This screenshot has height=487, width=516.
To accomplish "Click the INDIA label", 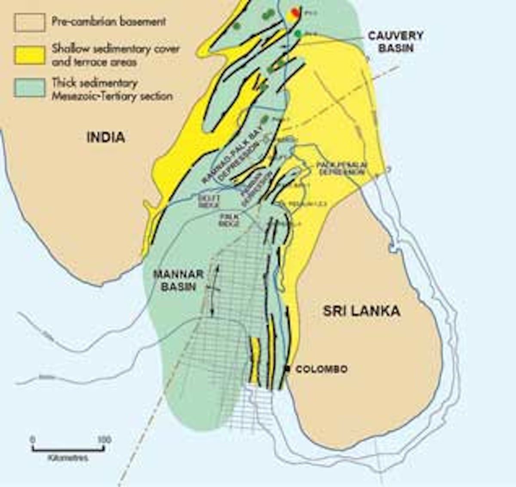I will tap(106, 137).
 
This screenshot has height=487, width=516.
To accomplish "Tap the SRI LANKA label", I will tap(361, 311).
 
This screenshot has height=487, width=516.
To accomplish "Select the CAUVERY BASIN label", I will tap(395, 41).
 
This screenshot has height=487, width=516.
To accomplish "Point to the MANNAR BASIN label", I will tap(178, 280).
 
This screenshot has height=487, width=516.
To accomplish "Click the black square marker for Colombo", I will tap(288, 369).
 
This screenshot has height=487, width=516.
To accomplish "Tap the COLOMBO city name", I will tap(322, 369).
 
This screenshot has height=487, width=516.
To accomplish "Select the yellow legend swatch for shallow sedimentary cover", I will tap(30, 55).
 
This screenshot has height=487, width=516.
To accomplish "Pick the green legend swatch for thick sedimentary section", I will tap(30, 88).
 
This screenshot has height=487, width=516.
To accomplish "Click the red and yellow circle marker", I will tap(294, 14).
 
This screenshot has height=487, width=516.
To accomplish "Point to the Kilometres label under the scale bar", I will tap(68, 458).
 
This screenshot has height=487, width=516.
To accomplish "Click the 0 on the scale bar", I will tap(33, 440).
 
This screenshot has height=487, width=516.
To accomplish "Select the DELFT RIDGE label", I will tap(209, 201).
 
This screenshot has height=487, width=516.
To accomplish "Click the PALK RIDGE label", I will tap(228, 220).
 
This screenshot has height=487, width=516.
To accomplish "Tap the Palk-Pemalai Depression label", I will tap(341, 169).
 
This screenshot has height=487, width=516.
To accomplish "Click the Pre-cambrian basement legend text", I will tap(108, 22).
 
